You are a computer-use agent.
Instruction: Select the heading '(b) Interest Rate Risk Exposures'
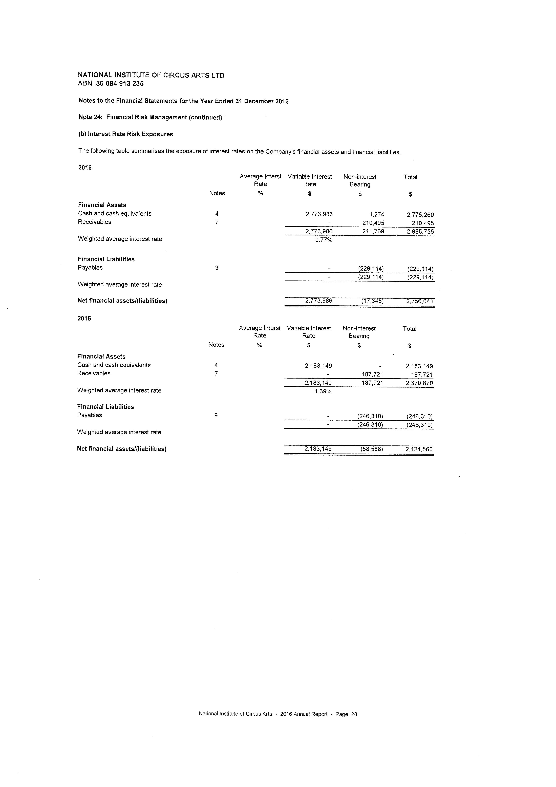(126, 134)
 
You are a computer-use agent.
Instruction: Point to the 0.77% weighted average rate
(324, 240)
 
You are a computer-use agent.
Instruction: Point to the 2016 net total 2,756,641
(420, 301)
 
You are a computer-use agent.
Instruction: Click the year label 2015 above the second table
(84, 318)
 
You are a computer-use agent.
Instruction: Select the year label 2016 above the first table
(85, 168)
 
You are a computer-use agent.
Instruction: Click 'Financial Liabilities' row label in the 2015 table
(105, 407)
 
